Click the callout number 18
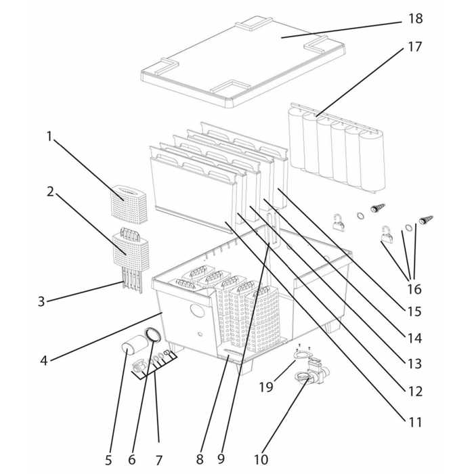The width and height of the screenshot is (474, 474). [x=414, y=18]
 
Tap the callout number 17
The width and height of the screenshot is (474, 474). [x=414, y=47]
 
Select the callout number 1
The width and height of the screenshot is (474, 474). [x=49, y=136]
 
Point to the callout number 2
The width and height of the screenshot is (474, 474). [x=50, y=191]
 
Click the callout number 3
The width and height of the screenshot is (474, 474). [x=41, y=301]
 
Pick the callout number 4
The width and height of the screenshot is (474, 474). [x=43, y=361]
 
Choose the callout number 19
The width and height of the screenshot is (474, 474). [x=266, y=387]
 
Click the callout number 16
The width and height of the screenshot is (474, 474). [x=414, y=289]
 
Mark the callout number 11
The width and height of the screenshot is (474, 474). [x=414, y=422]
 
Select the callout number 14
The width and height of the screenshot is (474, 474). [x=414, y=337]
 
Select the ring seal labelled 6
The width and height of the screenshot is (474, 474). [x=154, y=335]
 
